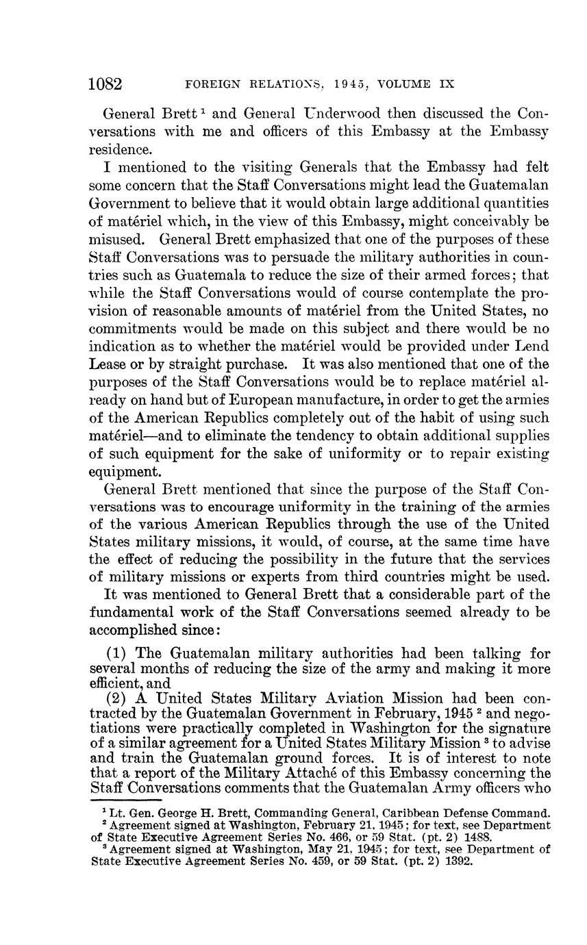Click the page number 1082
(x=105, y=84)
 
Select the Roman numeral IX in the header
(x=447, y=85)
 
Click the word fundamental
(x=133, y=613)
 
